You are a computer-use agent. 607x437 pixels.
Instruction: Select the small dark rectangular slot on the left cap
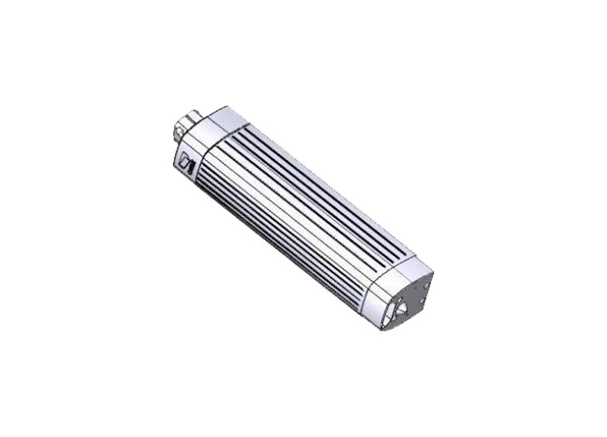(186, 164)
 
